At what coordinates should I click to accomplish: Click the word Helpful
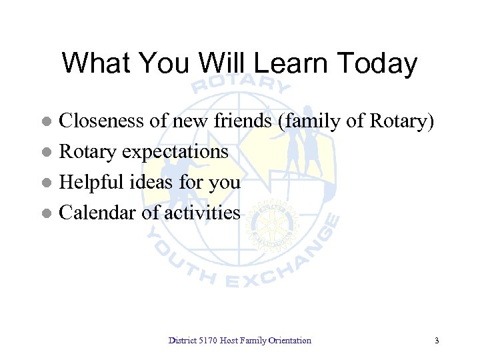89,182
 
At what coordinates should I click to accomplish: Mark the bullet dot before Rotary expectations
46,153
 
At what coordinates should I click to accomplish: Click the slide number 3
437,341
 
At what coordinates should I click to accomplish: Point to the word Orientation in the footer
289,341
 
